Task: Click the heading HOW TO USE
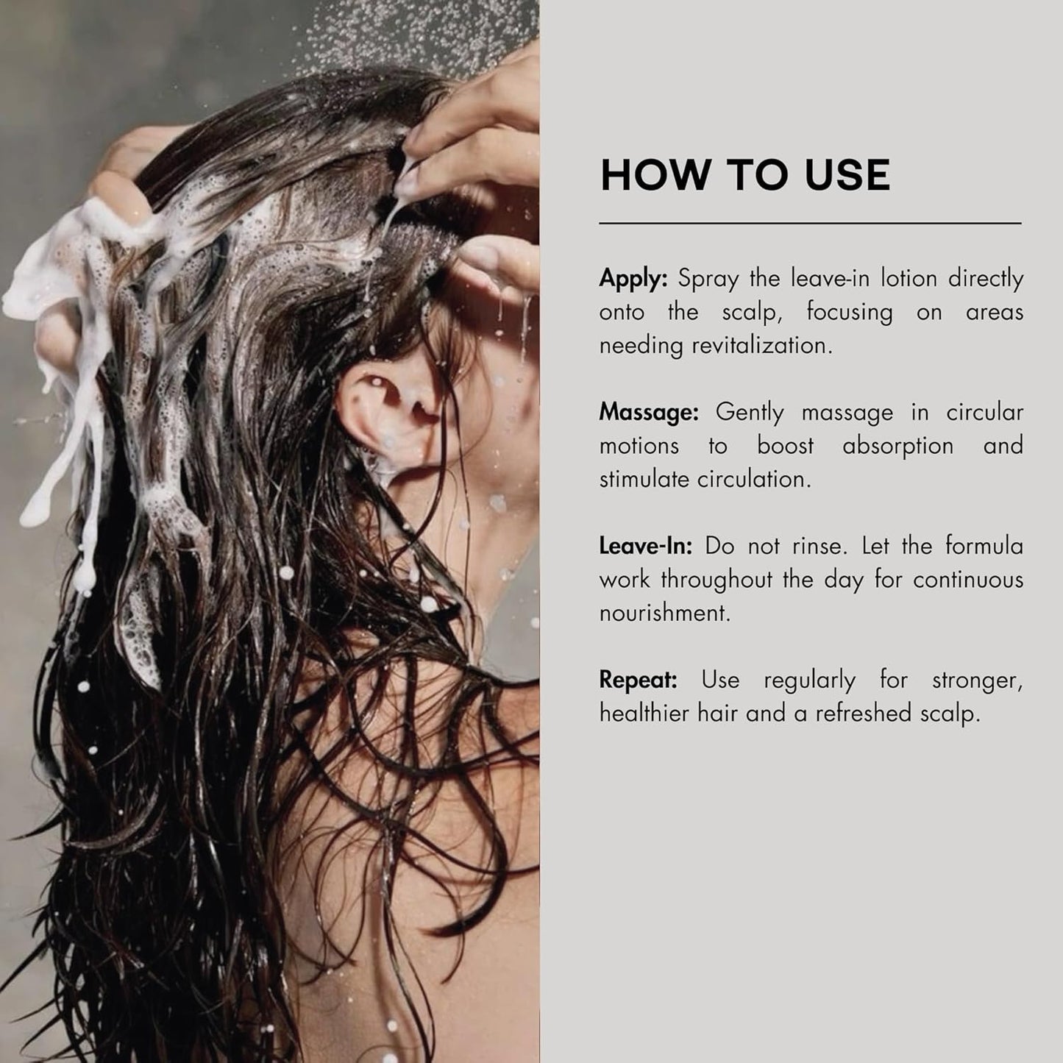(744, 175)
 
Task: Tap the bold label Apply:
(633, 280)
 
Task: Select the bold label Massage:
(649, 413)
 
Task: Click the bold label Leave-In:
(645, 546)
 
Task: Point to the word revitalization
(762, 346)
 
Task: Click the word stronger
(978, 681)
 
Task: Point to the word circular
(985, 413)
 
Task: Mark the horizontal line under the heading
(811, 224)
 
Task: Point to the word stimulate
(645, 480)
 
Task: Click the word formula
(984, 546)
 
